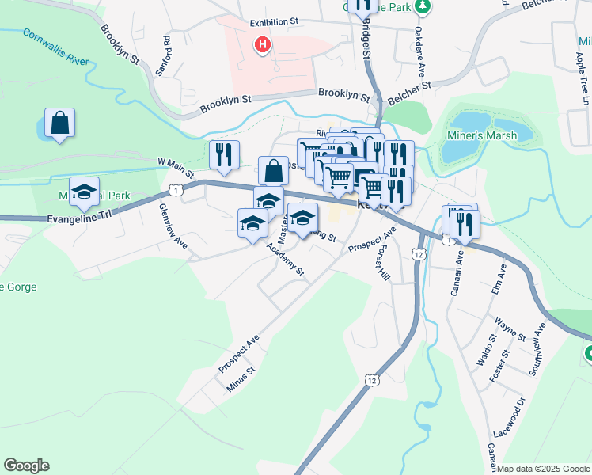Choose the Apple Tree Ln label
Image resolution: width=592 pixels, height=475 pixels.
coord(585,80)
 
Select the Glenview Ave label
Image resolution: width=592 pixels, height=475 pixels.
coord(173,227)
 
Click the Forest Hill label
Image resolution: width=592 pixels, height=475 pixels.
coord(384,262)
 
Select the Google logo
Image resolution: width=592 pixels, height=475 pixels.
coord(26,465)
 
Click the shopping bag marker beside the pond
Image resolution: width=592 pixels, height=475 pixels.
coord(59,123)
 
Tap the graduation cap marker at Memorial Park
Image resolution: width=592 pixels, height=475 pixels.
coord(84,192)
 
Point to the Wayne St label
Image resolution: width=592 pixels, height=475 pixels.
coord(510,329)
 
